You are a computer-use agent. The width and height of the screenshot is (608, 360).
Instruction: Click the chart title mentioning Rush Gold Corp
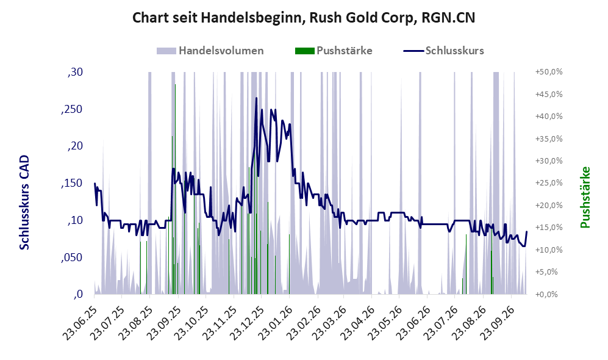(304, 18)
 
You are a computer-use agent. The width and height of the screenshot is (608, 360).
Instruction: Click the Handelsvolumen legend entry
(210, 51)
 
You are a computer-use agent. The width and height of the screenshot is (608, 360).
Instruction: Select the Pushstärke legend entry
(334, 51)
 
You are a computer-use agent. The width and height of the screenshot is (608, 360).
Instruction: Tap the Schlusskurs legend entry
(443, 51)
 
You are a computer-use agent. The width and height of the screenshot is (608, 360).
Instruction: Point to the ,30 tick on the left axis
(75, 72)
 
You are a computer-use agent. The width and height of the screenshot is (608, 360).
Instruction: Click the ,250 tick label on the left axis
(72, 109)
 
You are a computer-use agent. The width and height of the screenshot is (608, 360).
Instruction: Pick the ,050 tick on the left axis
(72, 257)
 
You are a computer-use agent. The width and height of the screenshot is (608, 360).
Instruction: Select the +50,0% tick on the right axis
(549, 72)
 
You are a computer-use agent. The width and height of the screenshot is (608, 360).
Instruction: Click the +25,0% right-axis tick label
(549, 183)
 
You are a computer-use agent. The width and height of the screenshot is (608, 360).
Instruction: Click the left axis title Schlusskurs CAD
(24, 202)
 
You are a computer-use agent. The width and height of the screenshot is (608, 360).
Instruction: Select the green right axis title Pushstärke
(585, 197)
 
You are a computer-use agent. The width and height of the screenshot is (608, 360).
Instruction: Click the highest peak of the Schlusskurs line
(256, 98)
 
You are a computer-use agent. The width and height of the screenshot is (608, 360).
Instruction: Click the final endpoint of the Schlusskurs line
(526, 232)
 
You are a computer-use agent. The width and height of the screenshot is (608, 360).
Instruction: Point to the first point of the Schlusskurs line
(95, 184)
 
